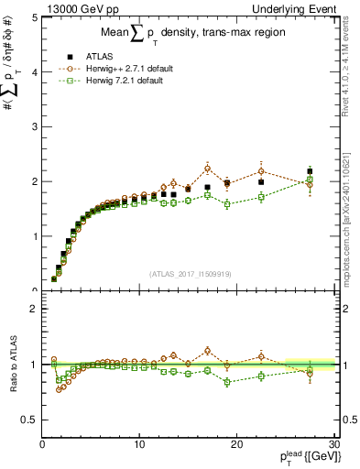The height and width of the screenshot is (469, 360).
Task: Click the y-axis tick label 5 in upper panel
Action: point(34,17)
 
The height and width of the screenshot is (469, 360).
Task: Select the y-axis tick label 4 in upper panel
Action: point(34,72)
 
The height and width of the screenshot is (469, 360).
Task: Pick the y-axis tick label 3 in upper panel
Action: point(34,127)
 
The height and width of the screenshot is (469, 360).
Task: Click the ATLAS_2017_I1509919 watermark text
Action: point(189,272)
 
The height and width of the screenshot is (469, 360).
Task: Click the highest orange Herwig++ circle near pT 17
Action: point(208,168)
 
